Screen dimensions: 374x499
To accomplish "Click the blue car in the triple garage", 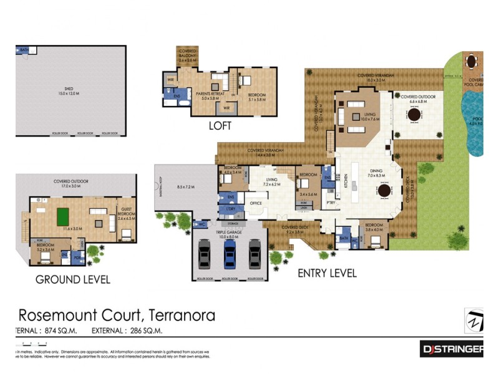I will (230, 254).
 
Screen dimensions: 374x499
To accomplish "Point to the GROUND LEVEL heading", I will (72, 279).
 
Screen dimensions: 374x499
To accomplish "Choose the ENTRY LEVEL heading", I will (327, 273).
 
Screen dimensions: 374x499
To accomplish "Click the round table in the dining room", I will (384, 191).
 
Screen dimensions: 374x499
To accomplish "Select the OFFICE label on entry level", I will (256, 203).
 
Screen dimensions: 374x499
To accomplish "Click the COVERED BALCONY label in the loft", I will (188, 57).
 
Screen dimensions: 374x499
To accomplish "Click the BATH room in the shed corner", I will (24, 50).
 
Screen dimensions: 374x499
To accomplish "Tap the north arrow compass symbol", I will (475, 320).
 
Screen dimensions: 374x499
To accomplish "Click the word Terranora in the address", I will (179, 315).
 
